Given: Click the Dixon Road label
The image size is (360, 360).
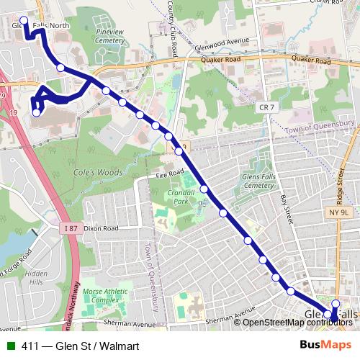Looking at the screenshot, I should (99, 228).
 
